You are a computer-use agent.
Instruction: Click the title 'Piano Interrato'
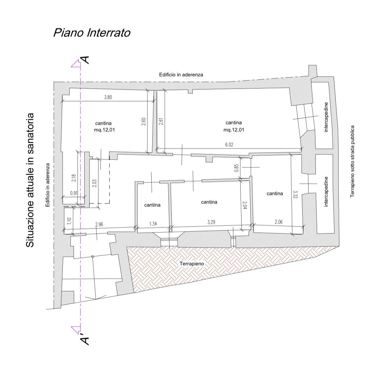pyautogui.click(x=92, y=33)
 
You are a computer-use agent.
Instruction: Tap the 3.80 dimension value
pyautogui.click(x=108, y=97)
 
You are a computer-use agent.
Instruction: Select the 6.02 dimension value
pyautogui.click(x=229, y=145)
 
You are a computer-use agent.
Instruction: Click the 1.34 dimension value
pyautogui.click(x=153, y=223)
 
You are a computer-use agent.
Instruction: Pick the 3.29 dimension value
pyautogui.click(x=211, y=222)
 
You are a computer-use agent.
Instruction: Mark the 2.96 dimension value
pyautogui.click(x=99, y=224)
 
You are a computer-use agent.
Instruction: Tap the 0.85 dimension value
pyautogui.click(x=236, y=168)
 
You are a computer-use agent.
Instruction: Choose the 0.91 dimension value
pyautogui.click(x=74, y=193)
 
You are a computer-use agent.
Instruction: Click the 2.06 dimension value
pyautogui.click(x=278, y=222)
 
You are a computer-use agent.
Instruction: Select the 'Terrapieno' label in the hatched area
pyautogui.click(x=192, y=264)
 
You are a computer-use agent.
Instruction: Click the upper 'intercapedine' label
pyautogui.click(x=326, y=117)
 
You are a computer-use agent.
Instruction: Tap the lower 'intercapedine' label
pyautogui.click(x=326, y=192)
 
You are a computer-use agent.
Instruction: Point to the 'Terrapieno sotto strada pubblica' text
pyautogui.click(x=352, y=161)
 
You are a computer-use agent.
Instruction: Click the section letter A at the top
pyautogui.click(x=85, y=60)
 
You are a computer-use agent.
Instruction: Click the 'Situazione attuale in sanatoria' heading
pyautogui.click(x=30, y=180)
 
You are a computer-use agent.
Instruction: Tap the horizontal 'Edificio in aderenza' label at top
pyautogui.click(x=181, y=75)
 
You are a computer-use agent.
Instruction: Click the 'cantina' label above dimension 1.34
pyautogui.click(x=152, y=205)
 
